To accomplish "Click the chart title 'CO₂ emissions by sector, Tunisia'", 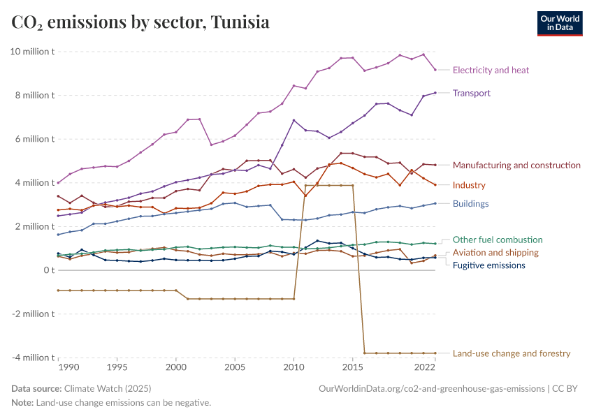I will click(x=140, y=22).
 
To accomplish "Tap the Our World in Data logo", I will click(x=559, y=23).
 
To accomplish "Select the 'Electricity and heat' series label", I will click(x=491, y=70).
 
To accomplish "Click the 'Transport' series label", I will click(x=472, y=93).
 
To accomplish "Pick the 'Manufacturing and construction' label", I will click(x=516, y=166).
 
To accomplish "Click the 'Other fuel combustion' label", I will click(x=498, y=240).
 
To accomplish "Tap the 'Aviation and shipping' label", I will click(x=495, y=252).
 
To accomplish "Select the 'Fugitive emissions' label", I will click(x=489, y=265).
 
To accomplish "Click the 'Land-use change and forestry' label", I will click(x=512, y=353).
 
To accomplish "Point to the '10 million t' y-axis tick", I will click(x=32, y=52).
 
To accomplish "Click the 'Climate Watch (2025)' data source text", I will click(x=107, y=388).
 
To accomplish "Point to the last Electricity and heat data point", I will click(x=435, y=69).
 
